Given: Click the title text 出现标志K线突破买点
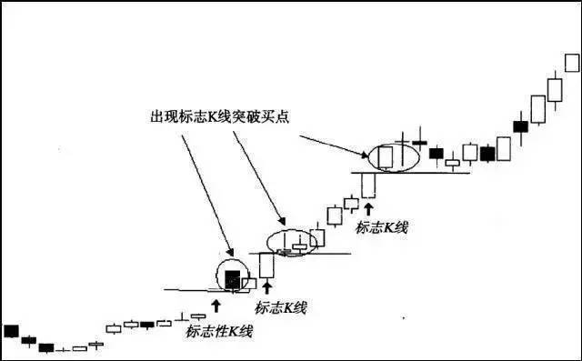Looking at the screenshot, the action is pyautogui.click(x=219, y=117).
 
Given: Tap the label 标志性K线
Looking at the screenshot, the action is pyautogui.click(x=219, y=331).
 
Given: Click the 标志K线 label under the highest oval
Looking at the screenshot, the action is pyautogui.click(x=382, y=227).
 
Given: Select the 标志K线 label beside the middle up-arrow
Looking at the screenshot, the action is pyautogui.click(x=280, y=307).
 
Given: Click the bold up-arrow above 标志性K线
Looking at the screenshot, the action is pyautogui.click(x=216, y=306).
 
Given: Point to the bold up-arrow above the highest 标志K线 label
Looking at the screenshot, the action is pyautogui.click(x=368, y=209).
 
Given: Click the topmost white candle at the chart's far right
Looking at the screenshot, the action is pyautogui.click(x=572, y=63).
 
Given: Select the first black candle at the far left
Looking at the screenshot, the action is pyautogui.click(x=11, y=331).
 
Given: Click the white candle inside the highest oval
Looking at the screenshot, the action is pyautogui.click(x=386, y=158).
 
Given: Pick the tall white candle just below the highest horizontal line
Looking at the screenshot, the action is pyautogui.click(x=368, y=186).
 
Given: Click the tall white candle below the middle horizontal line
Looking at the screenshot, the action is pyautogui.click(x=266, y=266).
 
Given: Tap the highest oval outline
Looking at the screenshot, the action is pyautogui.click(x=394, y=144).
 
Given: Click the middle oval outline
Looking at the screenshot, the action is pyautogui.click(x=292, y=230).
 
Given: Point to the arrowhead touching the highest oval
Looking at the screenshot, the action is pyautogui.click(x=365, y=155).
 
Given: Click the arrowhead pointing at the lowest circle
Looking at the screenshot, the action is pyautogui.click(x=230, y=253).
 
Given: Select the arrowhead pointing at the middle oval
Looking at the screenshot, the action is pyautogui.click(x=283, y=222).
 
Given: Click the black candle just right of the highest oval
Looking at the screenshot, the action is pyautogui.click(x=436, y=154).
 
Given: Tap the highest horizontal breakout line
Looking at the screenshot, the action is pyautogui.click(x=410, y=173).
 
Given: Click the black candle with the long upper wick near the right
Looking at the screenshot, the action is pyautogui.click(x=521, y=126).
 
